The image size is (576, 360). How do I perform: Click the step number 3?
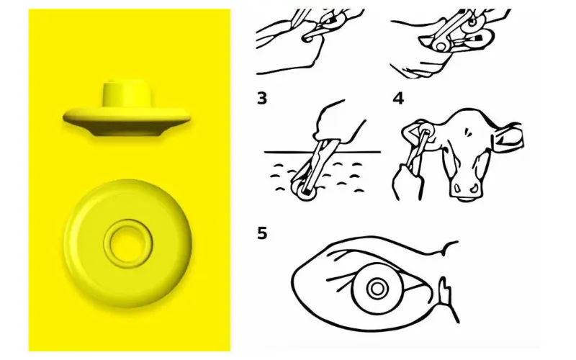262,99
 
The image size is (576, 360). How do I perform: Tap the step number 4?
398,99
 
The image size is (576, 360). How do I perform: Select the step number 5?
262,233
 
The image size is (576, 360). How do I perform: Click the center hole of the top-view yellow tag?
128,243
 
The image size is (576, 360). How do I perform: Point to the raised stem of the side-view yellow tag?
127,94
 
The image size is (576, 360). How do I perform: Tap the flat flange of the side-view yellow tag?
127,122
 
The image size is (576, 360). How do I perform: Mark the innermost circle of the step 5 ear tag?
377,289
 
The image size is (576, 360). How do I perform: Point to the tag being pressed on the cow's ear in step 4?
426,130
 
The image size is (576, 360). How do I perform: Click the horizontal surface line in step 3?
323,151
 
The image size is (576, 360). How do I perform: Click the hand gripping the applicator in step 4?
408,182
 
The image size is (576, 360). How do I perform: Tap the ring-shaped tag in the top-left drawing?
307,37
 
